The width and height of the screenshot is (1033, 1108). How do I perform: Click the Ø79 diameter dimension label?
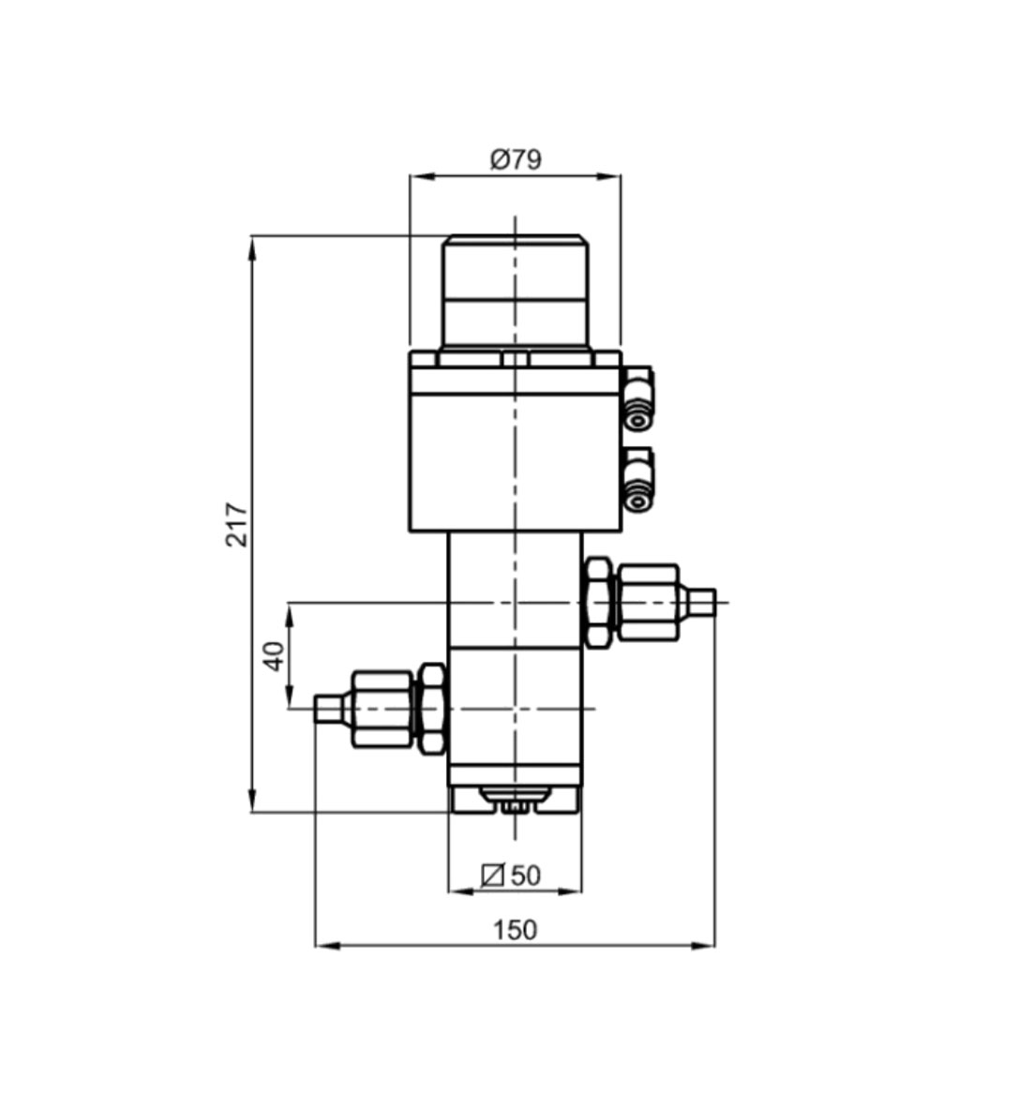516,159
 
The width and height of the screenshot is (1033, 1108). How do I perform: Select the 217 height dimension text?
237,524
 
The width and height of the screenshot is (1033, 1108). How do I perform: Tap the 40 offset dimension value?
274,655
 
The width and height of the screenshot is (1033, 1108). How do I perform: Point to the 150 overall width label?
515,929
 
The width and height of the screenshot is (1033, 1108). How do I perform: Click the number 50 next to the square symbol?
525,876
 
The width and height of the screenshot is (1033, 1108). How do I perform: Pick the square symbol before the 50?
492,876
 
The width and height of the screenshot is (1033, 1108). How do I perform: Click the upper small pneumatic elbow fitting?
637,398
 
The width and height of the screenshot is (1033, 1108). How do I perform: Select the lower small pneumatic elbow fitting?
637,479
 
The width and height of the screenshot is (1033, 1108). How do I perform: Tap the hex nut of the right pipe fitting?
599,602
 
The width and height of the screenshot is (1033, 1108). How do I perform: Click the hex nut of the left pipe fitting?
432,708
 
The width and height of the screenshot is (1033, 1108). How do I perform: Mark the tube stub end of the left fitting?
327,708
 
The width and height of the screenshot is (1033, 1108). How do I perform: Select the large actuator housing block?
515,441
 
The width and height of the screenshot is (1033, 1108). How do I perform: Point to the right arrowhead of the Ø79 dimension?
609,176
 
